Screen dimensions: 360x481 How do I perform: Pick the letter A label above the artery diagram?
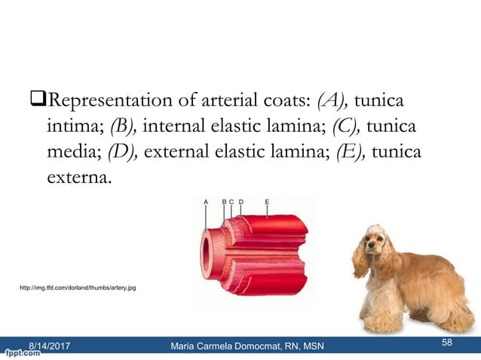click(206, 202)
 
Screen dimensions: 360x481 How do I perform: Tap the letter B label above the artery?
click(224, 202)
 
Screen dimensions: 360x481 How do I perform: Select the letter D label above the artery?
click(240, 202)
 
